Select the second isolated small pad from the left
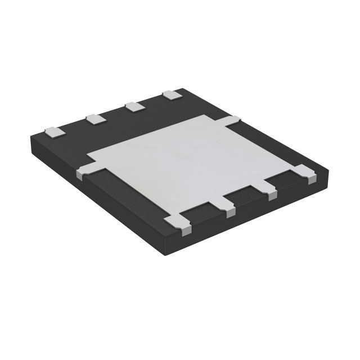tap(93, 118)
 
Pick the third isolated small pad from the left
tap(133, 106)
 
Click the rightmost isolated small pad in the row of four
tap(169, 95)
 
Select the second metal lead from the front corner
tap(229, 208)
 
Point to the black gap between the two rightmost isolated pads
tap(151, 101)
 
